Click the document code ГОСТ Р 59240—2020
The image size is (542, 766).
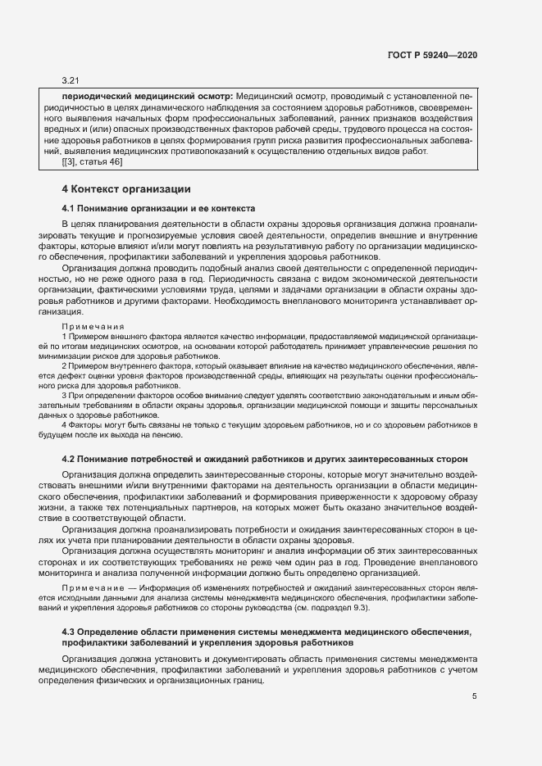(x=432, y=55)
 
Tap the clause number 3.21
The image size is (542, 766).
(x=70, y=81)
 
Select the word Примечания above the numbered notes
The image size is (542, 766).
(x=92, y=326)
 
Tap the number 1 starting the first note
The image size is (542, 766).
(x=64, y=337)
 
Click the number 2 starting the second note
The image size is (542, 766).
(x=64, y=366)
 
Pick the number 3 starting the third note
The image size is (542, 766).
(x=64, y=396)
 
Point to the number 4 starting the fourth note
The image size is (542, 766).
(x=64, y=425)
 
